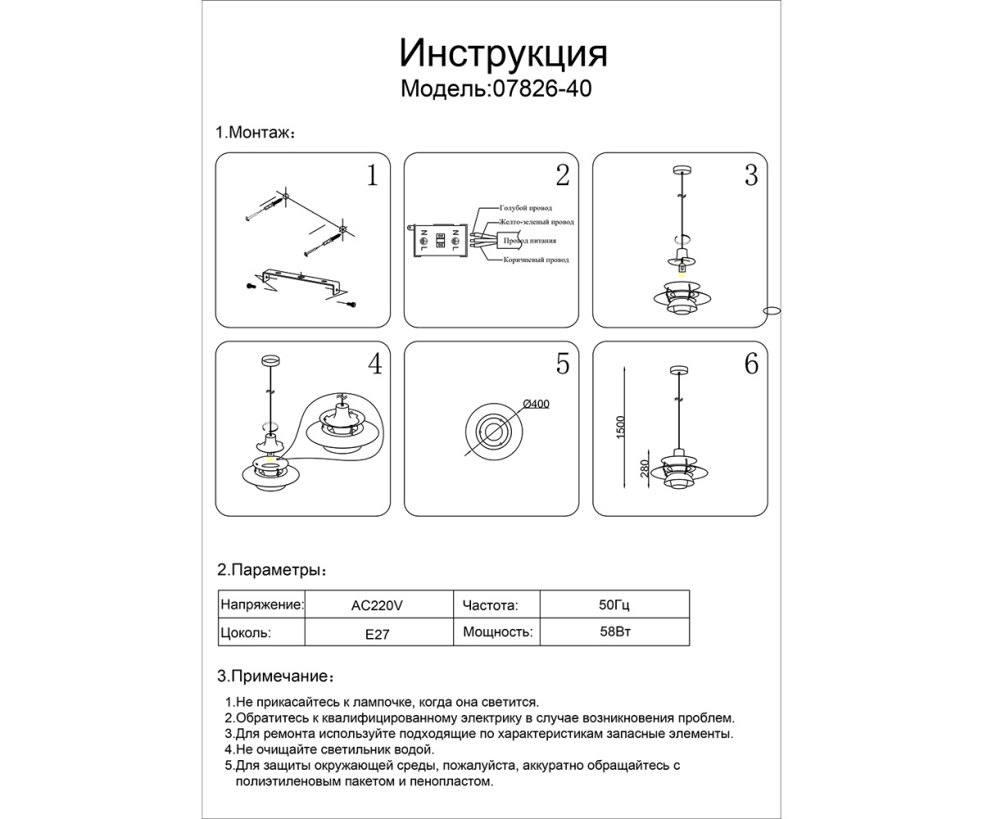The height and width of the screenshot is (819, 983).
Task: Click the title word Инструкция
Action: [503, 54]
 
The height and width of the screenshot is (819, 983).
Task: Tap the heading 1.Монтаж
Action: [255, 133]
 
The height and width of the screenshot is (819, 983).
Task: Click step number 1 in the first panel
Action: [372, 175]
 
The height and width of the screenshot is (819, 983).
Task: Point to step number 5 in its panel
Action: [562, 364]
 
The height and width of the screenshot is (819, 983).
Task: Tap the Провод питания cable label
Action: [530, 241]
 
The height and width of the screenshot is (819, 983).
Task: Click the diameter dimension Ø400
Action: [536, 404]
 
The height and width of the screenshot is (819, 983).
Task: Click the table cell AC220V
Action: [377, 606]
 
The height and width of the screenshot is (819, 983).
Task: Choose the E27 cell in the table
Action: [377, 633]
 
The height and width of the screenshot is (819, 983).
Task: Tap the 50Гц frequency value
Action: [614, 606]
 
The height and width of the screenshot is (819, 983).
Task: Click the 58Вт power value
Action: [614, 632]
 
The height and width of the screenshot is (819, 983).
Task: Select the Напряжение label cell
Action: [261, 606]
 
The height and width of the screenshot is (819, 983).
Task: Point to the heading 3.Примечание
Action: [275, 676]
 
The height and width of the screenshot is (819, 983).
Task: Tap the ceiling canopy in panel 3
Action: [681, 170]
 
